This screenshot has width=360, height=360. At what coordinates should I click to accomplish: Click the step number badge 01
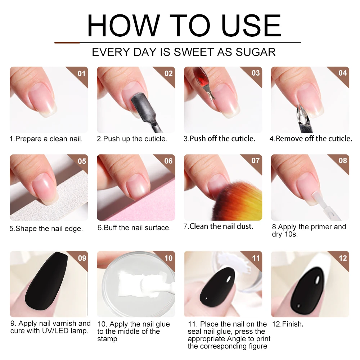coord(82,73)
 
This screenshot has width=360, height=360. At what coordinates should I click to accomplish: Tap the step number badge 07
coord(255,161)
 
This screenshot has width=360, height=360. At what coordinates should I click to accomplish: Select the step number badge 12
coord(342,258)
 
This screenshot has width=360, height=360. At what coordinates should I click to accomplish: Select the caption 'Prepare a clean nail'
coord(46,139)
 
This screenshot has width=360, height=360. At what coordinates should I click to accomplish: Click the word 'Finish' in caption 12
coord(292,324)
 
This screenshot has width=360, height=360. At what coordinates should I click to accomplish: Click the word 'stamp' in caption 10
coord(107,339)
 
